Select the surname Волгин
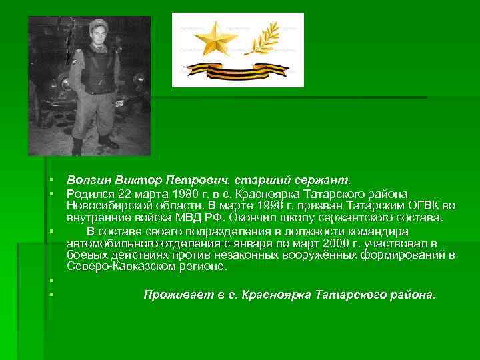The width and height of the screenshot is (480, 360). [x=88, y=180]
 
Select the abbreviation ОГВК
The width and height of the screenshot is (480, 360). [x=421, y=205]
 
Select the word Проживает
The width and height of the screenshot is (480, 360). [x=174, y=294]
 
